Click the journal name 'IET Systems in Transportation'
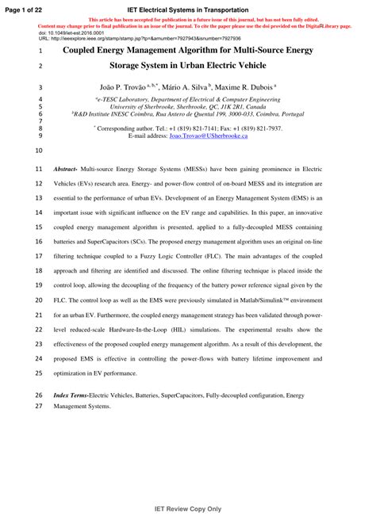click(x=187, y=8)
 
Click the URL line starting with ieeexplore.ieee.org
click(x=139, y=38)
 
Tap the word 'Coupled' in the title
click(x=83, y=49)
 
